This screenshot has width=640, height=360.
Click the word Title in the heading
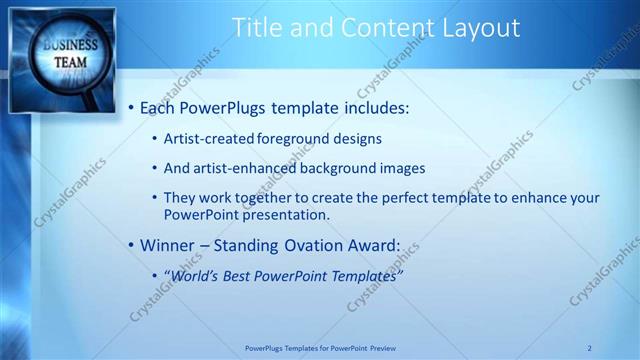[255, 28]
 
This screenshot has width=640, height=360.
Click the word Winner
[166, 244]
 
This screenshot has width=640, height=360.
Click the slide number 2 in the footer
[589, 347]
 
